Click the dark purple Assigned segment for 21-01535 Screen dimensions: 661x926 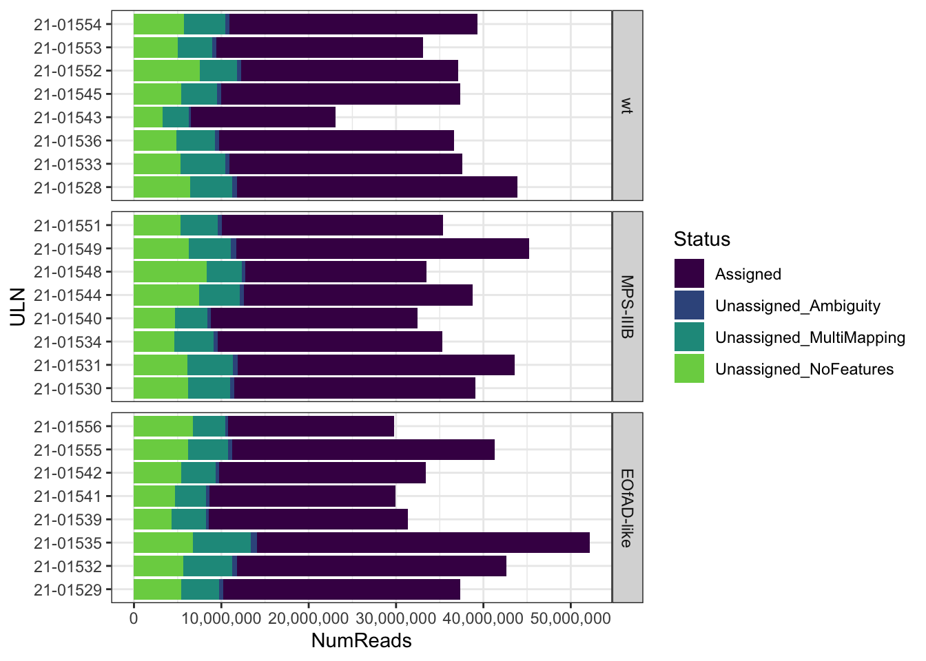pyautogui.click(x=423, y=543)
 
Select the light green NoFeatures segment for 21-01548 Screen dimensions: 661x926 pyautogui.click(x=169, y=272)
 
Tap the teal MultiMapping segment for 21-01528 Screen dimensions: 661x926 pyautogui.click(x=211, y=187)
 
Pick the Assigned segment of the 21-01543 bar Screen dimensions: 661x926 pyautogui.click(x=263, y=118)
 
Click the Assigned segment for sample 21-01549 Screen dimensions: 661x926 pyautogui.click(x=382, y=249)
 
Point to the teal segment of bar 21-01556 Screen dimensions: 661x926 pyautogui.click(x=209, y=426)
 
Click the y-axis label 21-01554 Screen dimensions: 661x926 pyautogui.click(x=68, y=25)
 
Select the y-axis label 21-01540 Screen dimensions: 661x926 pyautogui.click(x=68, y=319)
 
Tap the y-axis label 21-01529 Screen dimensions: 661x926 pyautogui.click(x=68, y=590)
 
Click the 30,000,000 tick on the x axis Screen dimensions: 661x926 pyautogui.click(x=395, y=618)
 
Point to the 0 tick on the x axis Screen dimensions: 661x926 pyautogui.click(x=134, y=618)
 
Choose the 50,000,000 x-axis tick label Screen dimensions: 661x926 pyautogui.click(x=570, y=618)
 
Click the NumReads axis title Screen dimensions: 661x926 pyautogui.click(x=362, y=641)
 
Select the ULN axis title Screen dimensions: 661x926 pyautogui.click(x=18, y=307)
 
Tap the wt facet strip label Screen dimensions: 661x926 pyautogui.click(x=627, y=105)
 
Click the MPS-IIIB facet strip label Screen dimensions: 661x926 pyautogui.click(x=627, y=306)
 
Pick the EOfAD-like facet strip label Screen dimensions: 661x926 pyautogui.click(x=627, y=507)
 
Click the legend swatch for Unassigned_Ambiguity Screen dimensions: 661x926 pyautogui.click(x=689, y=305)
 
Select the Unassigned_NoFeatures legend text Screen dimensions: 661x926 pyautogui.click(x=804, y=370)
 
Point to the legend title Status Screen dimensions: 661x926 pyautogui.click(x=701, y=239)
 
